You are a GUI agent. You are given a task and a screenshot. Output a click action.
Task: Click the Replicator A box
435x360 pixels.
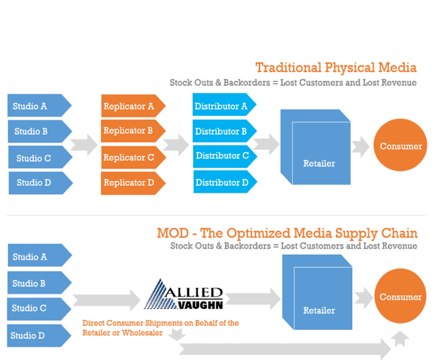tap(133, 106)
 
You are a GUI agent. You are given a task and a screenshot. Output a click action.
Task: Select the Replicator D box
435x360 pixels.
tap(133, 183)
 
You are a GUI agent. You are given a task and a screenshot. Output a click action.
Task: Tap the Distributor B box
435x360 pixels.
tap(225, 131)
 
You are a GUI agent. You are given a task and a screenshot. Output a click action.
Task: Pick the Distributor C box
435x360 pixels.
tap(225, 156)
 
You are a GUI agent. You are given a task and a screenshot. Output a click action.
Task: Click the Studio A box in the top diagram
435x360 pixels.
tap(39, 105)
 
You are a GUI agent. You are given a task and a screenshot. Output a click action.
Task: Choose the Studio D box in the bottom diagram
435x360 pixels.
tap(39, 335)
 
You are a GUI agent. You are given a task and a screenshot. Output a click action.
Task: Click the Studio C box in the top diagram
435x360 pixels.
tap(41, 157)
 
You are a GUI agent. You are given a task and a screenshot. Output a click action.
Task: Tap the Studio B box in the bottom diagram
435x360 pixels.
tap(39, 282)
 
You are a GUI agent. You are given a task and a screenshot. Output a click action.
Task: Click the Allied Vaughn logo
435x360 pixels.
tap(183, 294)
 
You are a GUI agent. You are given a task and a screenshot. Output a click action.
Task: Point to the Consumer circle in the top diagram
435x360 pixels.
tap(400, 145)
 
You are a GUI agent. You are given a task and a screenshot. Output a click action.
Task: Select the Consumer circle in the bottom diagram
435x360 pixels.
tap(400, 296)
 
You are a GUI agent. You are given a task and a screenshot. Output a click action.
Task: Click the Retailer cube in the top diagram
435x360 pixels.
tap(316, 147)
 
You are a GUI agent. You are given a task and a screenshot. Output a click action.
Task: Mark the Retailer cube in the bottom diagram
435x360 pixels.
tap(317, 292)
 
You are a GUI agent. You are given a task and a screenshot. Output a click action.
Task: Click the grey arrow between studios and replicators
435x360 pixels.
tap(84, 145)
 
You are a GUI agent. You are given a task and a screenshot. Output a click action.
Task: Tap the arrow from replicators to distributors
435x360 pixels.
tap(176, 145)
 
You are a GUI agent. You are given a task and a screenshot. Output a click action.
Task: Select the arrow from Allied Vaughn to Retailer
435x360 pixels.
tap(253, 299)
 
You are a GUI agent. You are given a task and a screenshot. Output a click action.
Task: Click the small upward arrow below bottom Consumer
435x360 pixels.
tap(400, 339)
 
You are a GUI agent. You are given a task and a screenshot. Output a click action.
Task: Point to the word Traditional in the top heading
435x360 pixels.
tap(289, 68)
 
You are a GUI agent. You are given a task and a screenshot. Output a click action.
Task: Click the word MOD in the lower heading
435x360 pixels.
tap(173, 233)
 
